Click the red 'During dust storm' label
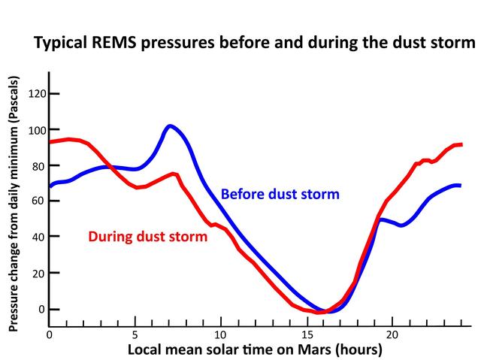point(148,237)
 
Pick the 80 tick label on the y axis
point(36,165)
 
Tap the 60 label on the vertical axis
point(36,201)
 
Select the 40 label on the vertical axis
point(36,237)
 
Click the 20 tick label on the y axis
point(36,274)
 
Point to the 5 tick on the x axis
point(135,335)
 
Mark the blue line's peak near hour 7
point(171,126)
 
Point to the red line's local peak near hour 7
point(174,174)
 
